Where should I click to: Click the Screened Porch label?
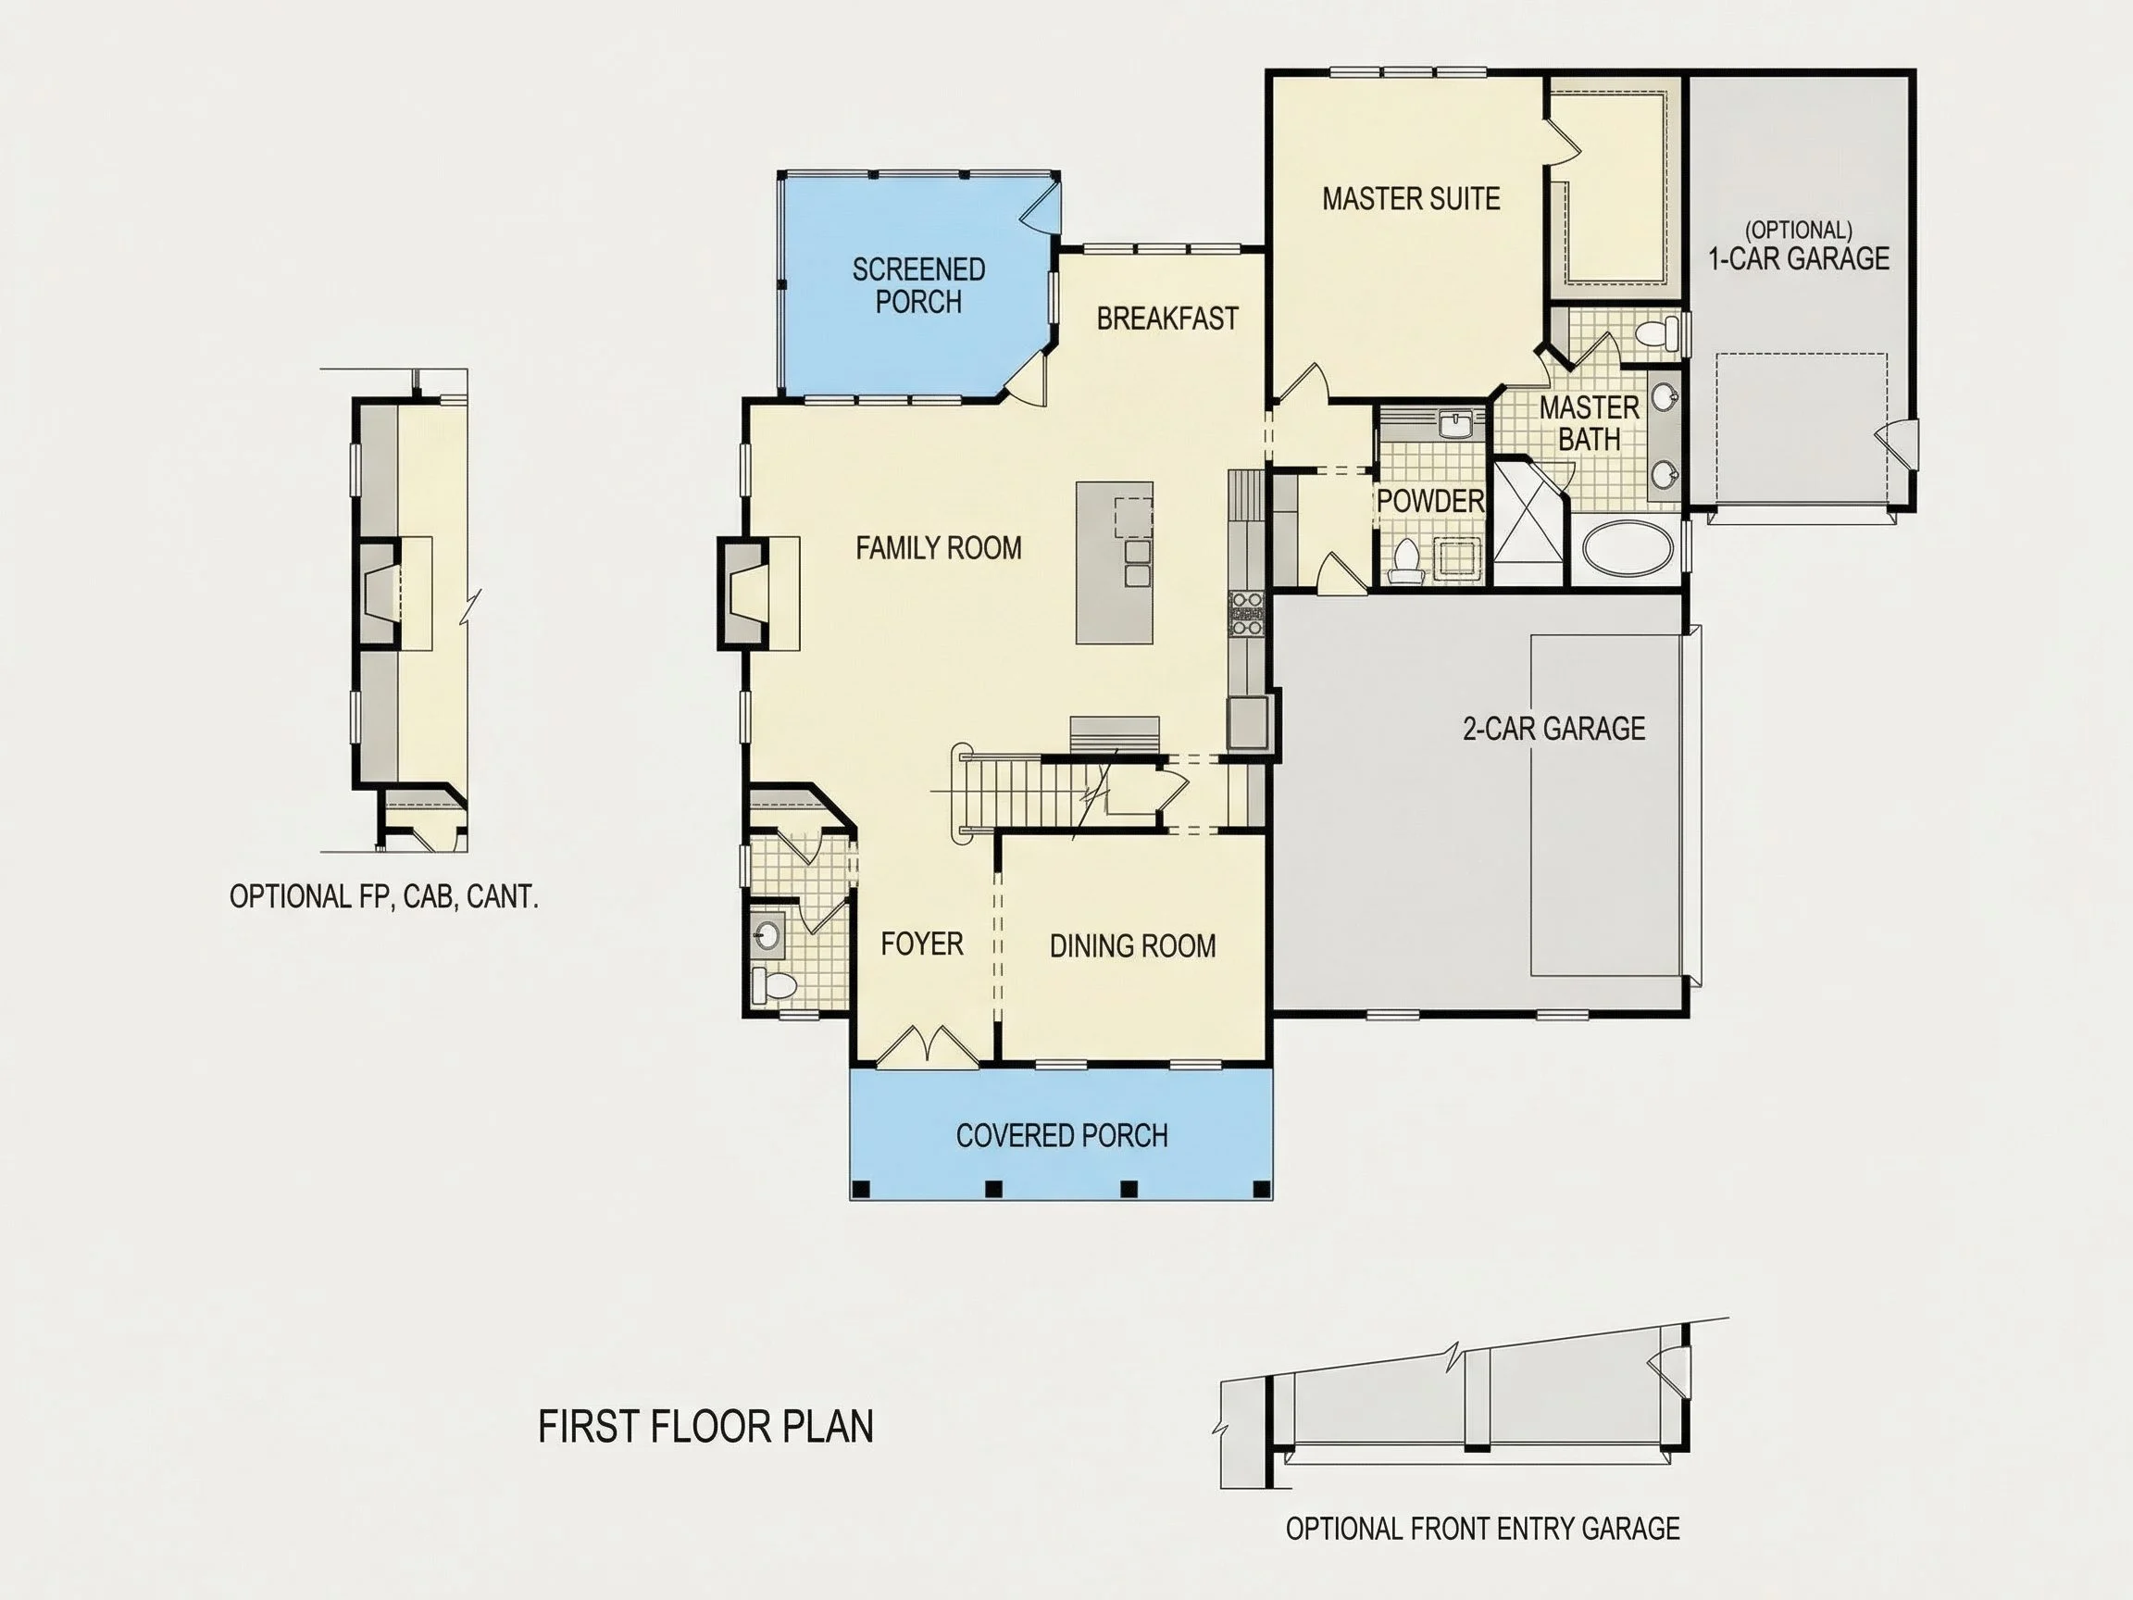click(x=919, y=285)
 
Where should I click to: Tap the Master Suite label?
click(x=1411, y=199)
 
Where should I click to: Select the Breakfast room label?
click(x=1166, y=319)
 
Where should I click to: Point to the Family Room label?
click(x=938, y=548)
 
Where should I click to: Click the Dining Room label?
click(x=1132, y=946)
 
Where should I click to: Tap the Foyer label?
click(x=922, y=944)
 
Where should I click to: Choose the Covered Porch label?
click(x=1062, y=1135)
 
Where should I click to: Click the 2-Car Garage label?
click(x=1553, y=728)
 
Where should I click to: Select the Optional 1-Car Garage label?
click(x=1799, y=246)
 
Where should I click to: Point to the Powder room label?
click(x=1430, y=502)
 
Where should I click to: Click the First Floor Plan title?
click(x=705, y=1427)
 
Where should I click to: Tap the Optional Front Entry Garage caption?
click(x=1482, y=1529)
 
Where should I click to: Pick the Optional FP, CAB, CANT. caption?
click(x=384, y=897)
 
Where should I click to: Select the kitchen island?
click(x=1115, y=563)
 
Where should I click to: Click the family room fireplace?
click(x=743, y=594)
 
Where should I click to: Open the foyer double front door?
click(x=927, y=1046)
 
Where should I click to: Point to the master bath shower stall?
click(x=1528, y=523)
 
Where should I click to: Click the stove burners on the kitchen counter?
click(x=1246, y=614)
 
